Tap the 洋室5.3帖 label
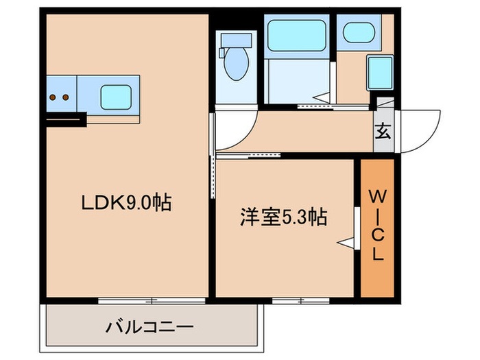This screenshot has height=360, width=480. pyautogui.click(x=282, y=217)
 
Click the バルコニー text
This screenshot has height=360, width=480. pyautogui.click(x=149, y=326)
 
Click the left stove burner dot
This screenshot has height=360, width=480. pyautogui.click(x=53, y=97)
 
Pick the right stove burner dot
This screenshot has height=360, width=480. pyautogui.click(x=66, y=97)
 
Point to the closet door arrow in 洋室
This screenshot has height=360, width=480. pyautogui.click(x=347, y=241)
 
